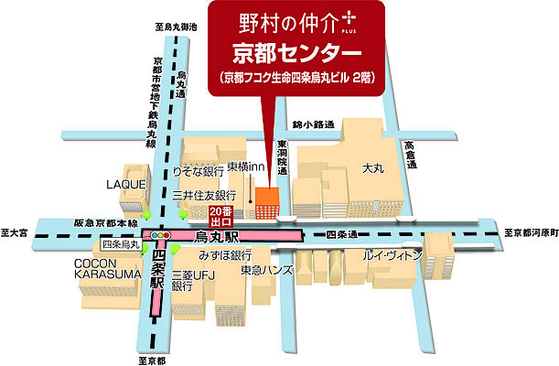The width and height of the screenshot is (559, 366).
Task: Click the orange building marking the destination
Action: [267, 203]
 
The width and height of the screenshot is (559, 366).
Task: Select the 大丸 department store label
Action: [371, 168]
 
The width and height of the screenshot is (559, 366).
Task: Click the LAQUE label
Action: [125, 184]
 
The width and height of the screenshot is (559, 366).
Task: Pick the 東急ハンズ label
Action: [266, 270]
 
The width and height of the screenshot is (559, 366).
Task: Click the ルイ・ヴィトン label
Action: [392, 253]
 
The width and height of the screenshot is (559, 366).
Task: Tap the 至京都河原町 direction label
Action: [531, 232]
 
